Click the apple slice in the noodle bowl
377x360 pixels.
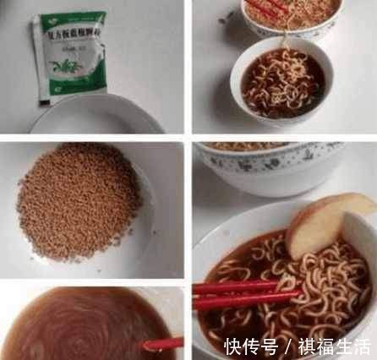(x=328, y=223)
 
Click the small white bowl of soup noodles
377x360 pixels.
(x=281, y=82)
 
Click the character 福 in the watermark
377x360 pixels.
(x=325, y=346)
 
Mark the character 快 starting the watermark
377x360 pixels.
(x=232, y=346)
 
